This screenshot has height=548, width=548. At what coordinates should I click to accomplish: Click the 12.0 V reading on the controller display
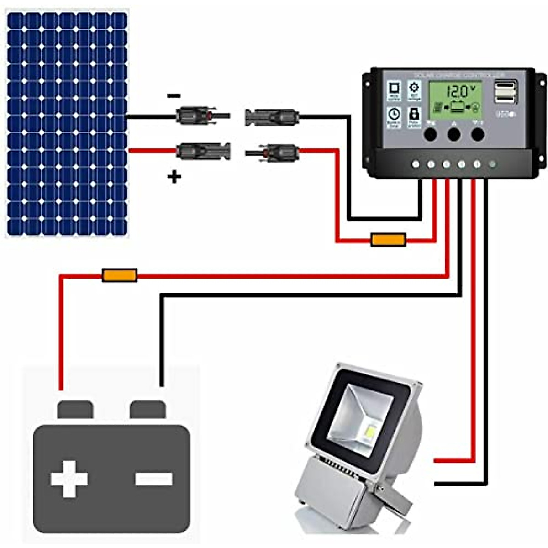pyautogui.click(x=458, y=91)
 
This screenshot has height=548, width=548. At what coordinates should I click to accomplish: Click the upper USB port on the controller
pyautogui.click(x=505, y=86)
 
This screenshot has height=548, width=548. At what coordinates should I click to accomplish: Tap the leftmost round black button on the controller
pyautogui.click(x=430, y=134)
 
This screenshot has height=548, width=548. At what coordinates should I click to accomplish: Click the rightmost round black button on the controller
pyautogui.click(x=477, y=134)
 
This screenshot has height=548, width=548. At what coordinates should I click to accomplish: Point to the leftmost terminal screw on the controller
pyautogui.click(x=416, y=164)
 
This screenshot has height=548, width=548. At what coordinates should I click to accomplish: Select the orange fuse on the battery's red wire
pyautogui.click(x=120, y=275)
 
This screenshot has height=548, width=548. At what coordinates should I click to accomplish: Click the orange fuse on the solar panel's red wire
pyautogui.click(x=388, y=240)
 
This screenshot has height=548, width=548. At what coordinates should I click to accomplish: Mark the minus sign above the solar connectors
pyautogui.click(x=174, y=95)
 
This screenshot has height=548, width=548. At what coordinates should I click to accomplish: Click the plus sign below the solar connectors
pyautogui.click(x=174, y=177)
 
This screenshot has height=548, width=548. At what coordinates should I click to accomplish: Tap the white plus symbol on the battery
pyautogui.click(x=69, y=479)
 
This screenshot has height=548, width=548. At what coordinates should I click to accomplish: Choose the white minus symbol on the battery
pyautogui.click(x=154, y=479)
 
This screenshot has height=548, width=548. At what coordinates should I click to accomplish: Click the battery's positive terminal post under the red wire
pyautogui.click(x=75, y=409)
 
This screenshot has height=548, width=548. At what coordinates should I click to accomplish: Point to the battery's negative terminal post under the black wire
pyautogui.click(x=148, y=409)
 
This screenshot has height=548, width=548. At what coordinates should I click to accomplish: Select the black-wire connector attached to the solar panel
pyautogui.click(x=201, y=116)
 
